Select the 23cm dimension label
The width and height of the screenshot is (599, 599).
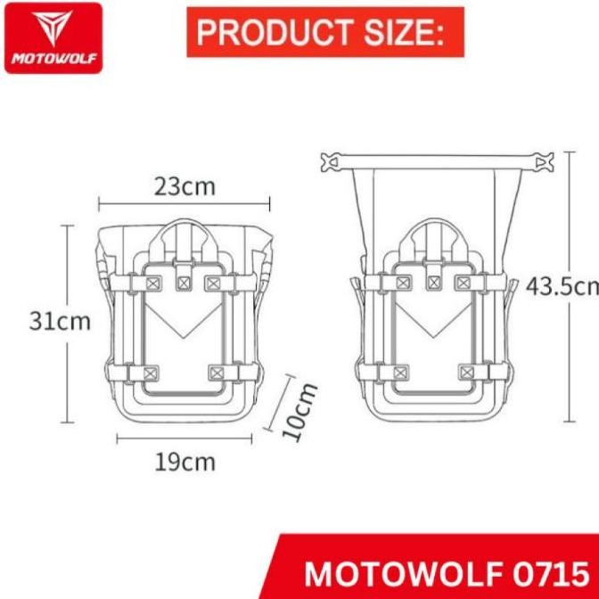point(185,186)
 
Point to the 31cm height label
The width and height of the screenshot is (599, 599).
point(60,322)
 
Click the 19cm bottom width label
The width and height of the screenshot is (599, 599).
point(185,462)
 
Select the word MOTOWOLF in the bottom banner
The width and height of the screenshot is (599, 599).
point(402,571)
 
